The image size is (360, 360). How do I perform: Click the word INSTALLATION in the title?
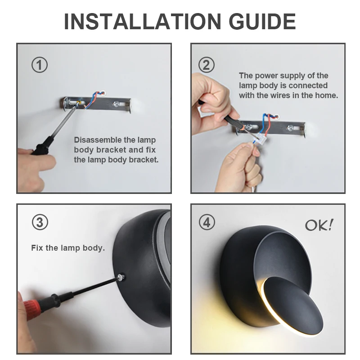click(x=143, y=22)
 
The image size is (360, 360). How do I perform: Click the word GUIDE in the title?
click(x=262, y=22)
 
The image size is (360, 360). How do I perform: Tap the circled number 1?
click(x=40, y=65)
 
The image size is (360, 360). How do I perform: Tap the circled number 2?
click(x=207, y=65)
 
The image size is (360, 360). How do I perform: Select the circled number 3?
click(x=40, y=222)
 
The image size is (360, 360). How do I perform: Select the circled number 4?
click(x=207, y=222)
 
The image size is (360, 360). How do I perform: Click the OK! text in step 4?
click(x=319, y=225)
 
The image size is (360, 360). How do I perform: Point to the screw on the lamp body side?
click(x=121, y=277)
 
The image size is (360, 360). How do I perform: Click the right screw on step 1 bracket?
click(x=116, y=104)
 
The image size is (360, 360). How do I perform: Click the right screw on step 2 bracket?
click(x=290, y=128)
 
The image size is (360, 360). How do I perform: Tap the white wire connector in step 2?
click(x=260, y=139)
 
